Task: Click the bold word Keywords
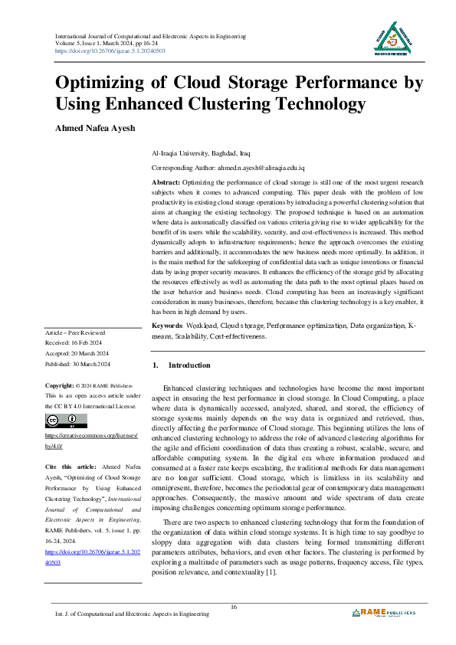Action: coord(169,348)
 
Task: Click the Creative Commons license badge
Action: coord(67,421)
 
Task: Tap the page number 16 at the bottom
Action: coord(234,607)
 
